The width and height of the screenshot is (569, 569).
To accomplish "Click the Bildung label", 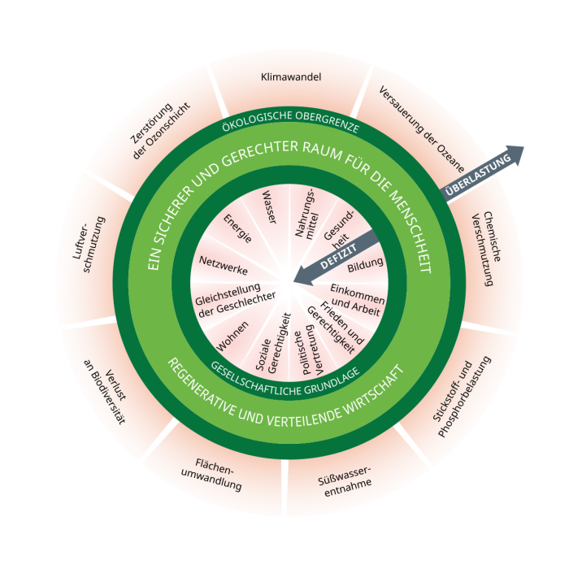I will click(365, 267).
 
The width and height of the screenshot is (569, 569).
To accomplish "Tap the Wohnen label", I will click(232, 337).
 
